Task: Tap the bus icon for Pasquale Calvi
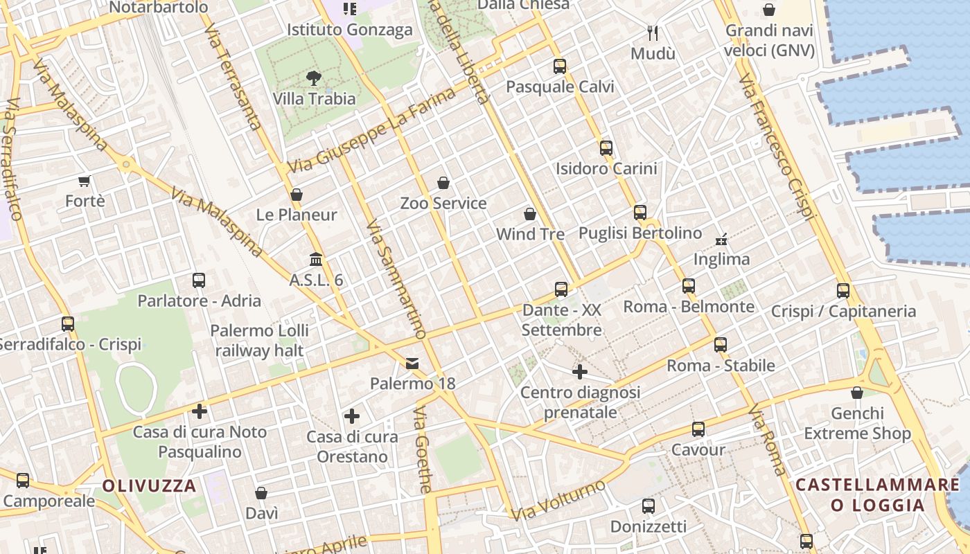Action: (560, 66)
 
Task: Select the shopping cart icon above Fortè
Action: (85, 181)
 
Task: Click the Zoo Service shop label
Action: (443, 204)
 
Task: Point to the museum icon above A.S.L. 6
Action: (316, 259)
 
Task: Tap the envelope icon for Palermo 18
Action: (412, 363)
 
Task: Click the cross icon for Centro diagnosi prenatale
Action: (580, 372)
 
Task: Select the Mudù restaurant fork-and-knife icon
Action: (653, 33)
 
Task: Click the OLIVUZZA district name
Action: (150, 485)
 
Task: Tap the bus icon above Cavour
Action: (698, 429)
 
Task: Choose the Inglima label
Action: (721, 259)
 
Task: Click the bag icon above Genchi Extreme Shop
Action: (857, 393)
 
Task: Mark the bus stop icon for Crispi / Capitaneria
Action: (843, 291)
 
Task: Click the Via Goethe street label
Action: (421, 450)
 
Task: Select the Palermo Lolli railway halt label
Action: (259, 341)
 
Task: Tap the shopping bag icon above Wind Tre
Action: (530, 214)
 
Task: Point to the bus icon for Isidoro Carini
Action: (606, 148)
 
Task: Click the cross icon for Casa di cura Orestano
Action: (352, 416)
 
